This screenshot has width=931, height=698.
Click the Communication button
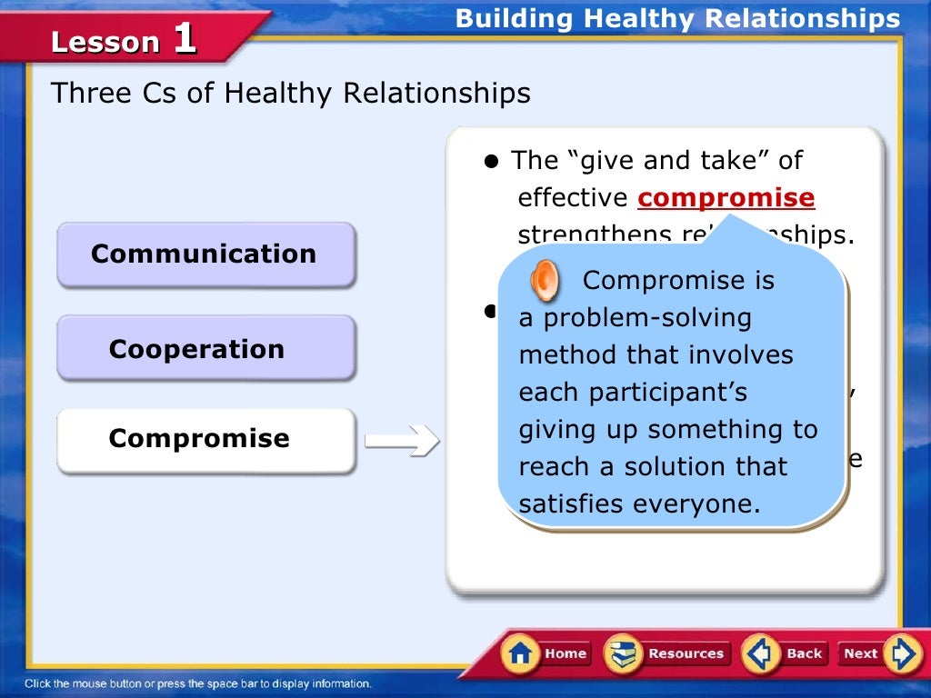[x=205, y=254]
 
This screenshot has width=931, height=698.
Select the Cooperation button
[x=205, y=349]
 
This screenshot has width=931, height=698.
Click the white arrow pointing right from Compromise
[x=401, y=442]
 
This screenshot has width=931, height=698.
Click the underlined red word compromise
[x=726, y=198]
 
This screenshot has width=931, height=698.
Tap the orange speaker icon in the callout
[x=545, y=281]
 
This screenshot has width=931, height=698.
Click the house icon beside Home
[x=521, y=653]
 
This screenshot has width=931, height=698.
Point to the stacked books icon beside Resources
[x=624, y=653]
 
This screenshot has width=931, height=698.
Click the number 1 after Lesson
[x=184, y=39]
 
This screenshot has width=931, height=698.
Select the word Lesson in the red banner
[x=105, y=43]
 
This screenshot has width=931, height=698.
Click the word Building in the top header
[x=515, y=18]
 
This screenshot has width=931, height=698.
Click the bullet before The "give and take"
[x=493, y=162]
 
